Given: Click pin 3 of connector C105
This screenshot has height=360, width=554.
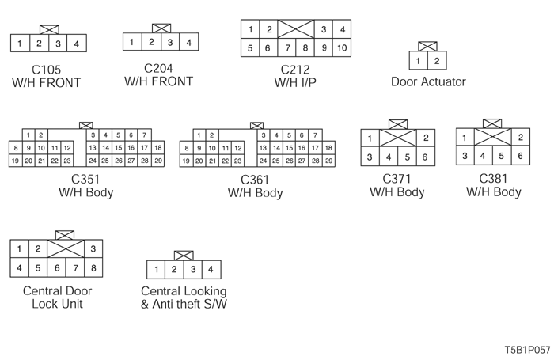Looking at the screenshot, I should coord(58,44).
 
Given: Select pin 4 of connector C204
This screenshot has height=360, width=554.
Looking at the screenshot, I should coord(188,42).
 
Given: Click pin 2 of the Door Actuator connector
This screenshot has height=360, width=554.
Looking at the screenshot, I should coord(437,60).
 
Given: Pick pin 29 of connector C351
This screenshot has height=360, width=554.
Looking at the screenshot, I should coord(157,161).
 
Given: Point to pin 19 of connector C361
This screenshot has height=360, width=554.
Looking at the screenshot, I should coord(186,161).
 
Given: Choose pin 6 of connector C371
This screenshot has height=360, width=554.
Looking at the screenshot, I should coord(426,157).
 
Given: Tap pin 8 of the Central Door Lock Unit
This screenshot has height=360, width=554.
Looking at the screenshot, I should coord(93,268).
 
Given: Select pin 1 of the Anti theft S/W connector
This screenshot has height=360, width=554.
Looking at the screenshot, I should coord(156,270).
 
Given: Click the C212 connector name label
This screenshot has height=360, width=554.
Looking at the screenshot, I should coord(294,70).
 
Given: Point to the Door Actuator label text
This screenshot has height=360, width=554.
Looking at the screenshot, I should coord(428,81).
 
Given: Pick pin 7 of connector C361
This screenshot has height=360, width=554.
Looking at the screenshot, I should coord(315,135).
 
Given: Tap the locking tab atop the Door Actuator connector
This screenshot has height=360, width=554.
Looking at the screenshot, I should coord(427,46).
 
